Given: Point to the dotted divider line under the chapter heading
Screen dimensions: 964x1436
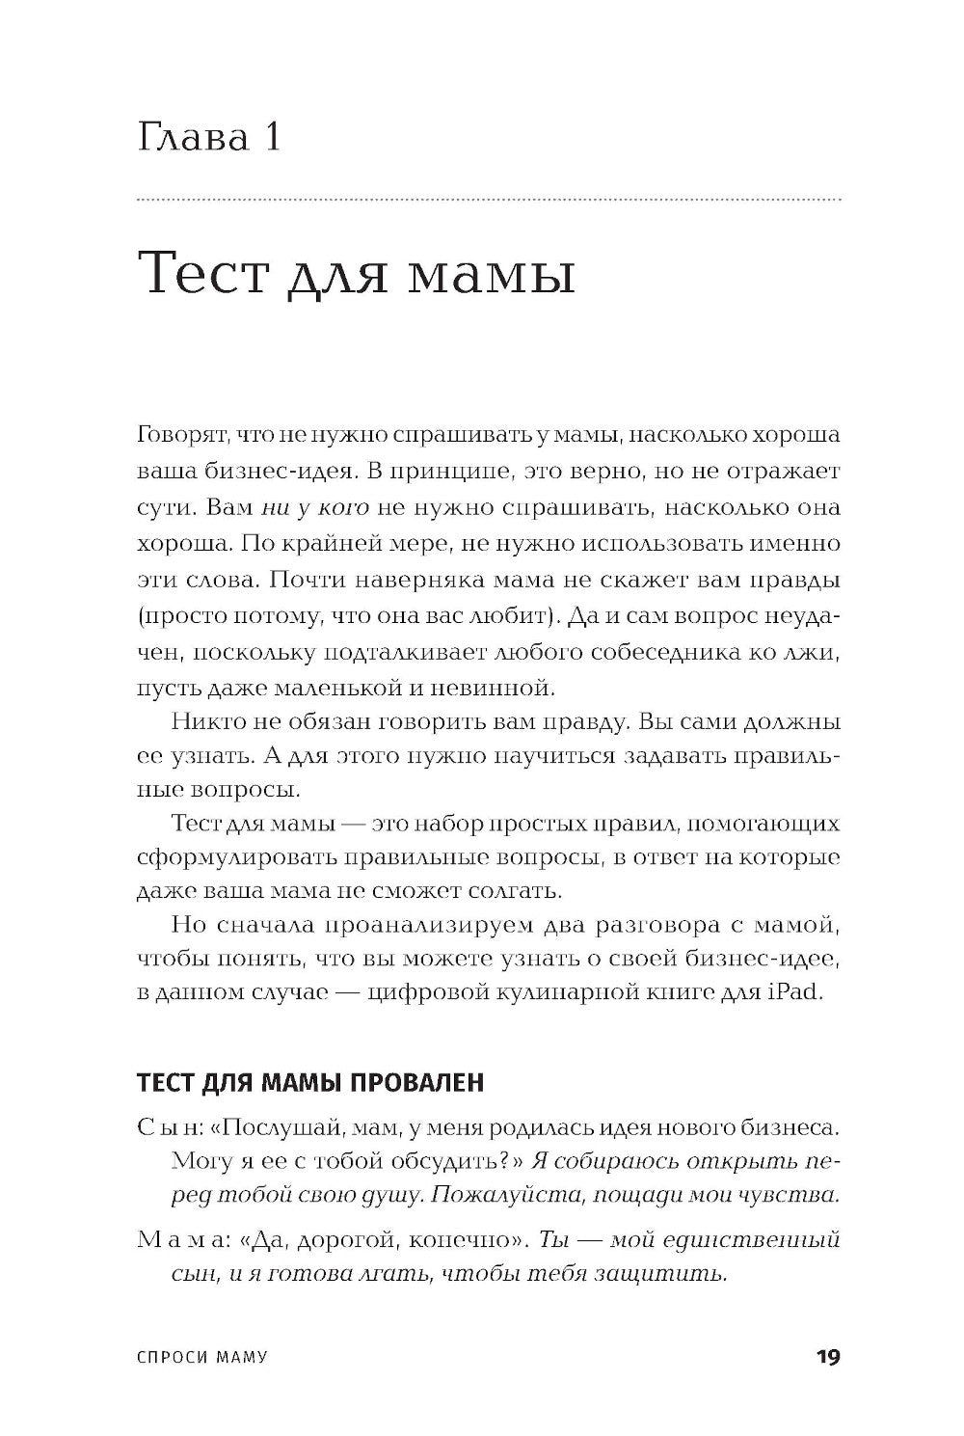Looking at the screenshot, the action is (x=489, y=200).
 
